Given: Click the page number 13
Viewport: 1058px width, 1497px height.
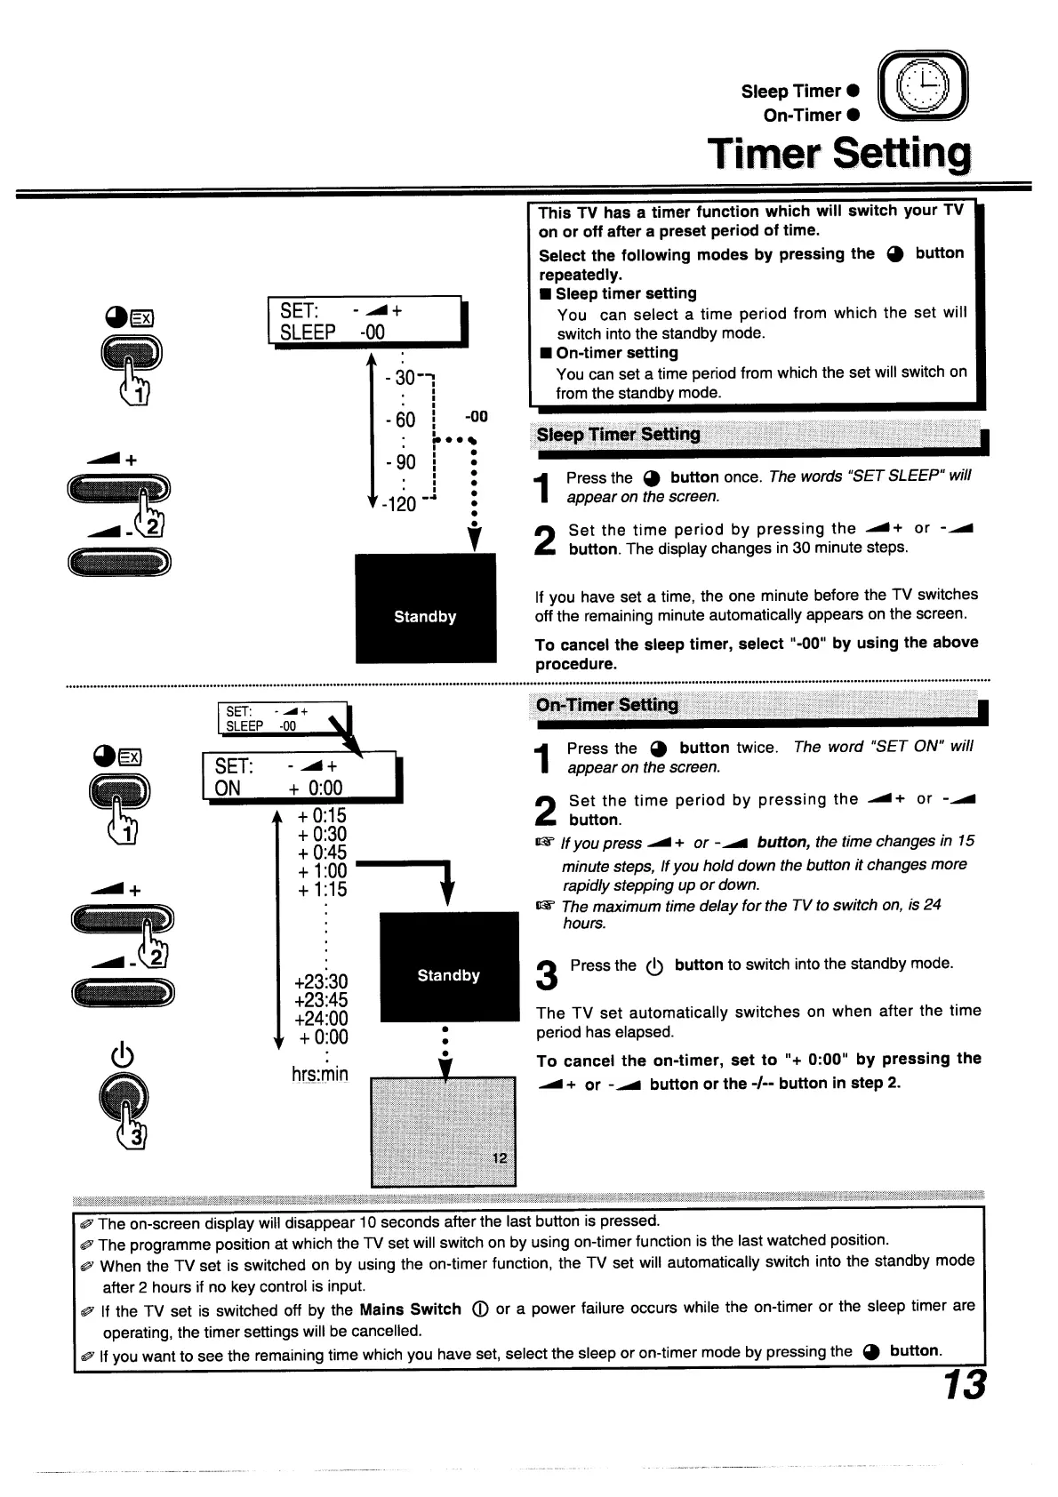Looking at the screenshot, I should pyautogui.click(x=963, y=1385).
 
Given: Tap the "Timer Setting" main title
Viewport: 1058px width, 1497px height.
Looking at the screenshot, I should pyautogui.click(x=838, y=155).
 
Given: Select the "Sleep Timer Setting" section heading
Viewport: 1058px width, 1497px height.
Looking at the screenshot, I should pyautogui.click(x=619, y=435).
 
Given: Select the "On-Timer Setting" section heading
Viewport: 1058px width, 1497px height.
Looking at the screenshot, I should pyautogui.click(x=607, y=706).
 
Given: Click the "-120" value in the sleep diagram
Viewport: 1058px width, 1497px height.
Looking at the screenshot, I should pyautogui.click(x=398, y=504).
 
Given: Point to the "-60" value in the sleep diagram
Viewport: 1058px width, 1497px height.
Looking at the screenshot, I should pyautogui.click(x=400, y=420).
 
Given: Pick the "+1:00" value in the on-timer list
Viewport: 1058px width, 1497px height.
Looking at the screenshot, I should pyautogui.click(x=322, y=871).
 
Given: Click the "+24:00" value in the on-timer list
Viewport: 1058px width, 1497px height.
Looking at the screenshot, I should pyautogui.click(x=321, y=1019).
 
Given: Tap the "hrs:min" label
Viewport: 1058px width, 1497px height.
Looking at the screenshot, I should pyautogui.click(x=319, y=1074).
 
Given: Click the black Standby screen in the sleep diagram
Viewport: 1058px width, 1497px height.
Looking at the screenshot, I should pyautogui.click(x=425, y=608).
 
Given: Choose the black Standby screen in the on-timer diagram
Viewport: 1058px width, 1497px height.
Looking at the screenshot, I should pyautogui.click(x=449, y=966).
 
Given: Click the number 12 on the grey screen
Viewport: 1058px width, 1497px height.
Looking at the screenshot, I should pyautogui.click(x=499, y=1157).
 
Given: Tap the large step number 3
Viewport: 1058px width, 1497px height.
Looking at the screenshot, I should pyautogui.click(x=548, y=975).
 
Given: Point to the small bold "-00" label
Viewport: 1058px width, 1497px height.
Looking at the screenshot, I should pyautogui.click(x=477, y=417).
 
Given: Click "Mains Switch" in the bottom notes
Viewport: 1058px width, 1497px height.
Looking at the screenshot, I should pyautogui.click(x=410, y=1309).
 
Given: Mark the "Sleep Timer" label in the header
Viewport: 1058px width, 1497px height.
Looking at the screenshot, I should pyautogui.click(x=790, y=92).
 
